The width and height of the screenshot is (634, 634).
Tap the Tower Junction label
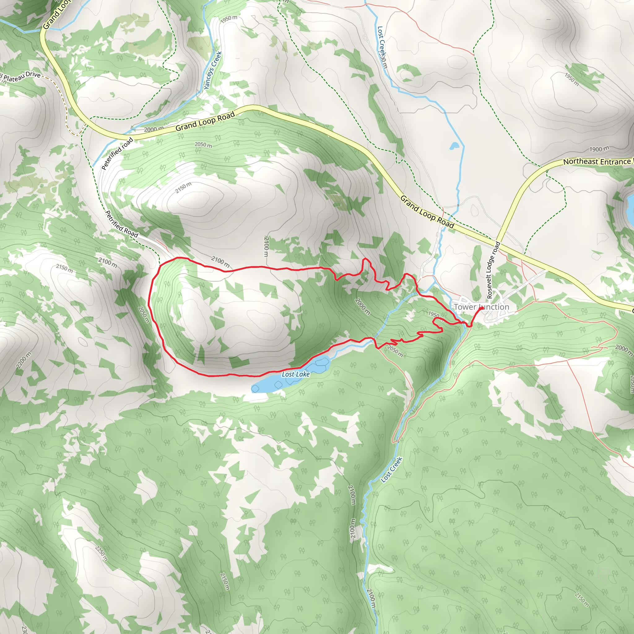coord(481,307)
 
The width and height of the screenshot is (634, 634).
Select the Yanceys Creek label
coord(213,71)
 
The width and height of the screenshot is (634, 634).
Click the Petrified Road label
coord(121,224)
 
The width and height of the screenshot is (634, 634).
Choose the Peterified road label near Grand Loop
coord(117,154)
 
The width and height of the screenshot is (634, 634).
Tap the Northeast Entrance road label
coord(597,162)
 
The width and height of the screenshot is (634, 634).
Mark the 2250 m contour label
coord(101,553)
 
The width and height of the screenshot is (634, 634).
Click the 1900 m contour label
coord(599,149)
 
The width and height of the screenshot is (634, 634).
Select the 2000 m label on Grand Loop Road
coord(154,129)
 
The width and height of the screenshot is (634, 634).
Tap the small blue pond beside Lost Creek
coord(454,146)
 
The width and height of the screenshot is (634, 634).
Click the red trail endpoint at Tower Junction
coord(481,308)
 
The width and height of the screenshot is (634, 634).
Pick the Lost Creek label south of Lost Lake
coord(392,470)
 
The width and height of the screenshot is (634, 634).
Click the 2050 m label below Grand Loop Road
coord(203,144)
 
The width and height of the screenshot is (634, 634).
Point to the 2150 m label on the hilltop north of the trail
coord(183,188)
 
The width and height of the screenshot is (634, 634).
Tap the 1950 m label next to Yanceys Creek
coord(229,19)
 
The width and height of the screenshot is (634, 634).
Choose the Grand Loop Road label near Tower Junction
coord(427,212)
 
